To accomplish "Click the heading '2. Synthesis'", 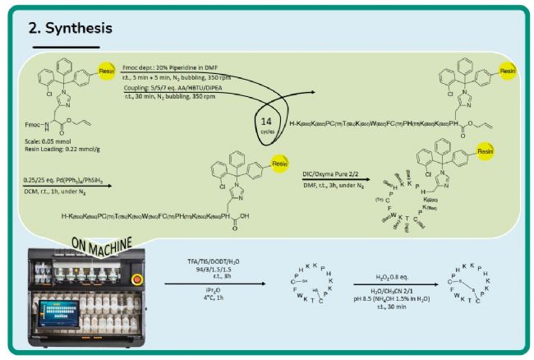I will click(x=70, y=30).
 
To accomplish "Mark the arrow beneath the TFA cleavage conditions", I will click(x=215, y=284).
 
